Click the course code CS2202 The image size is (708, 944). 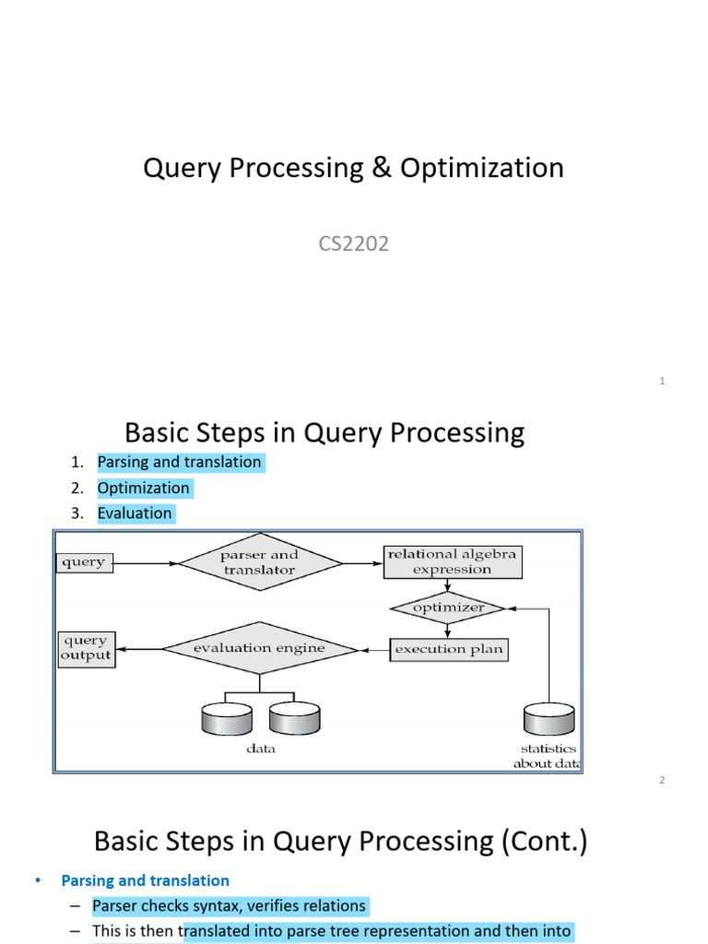tap(353, 244)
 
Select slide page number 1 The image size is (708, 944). tap(662, 381)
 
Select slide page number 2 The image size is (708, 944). tap(662, 780)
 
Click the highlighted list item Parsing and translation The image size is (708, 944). tap(180, 462)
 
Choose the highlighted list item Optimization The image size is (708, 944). tap(144, 488)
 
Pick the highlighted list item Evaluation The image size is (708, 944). tap(135, 513)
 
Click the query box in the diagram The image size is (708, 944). tap(85, 562)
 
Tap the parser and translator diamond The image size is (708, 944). tap(260, 562)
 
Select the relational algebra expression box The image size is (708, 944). tap(452, 562)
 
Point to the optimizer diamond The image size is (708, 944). tap(448, 608)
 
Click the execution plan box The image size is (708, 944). tap(449, 649)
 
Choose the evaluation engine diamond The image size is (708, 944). tap(259, 649)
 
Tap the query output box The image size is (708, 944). tap(86, 648)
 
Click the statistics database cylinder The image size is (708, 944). tap(549, 719)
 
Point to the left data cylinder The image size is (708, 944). tap(226, 719)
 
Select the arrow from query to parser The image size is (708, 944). tap(146, 562)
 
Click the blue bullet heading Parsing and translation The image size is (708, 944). tap(145, 880)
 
